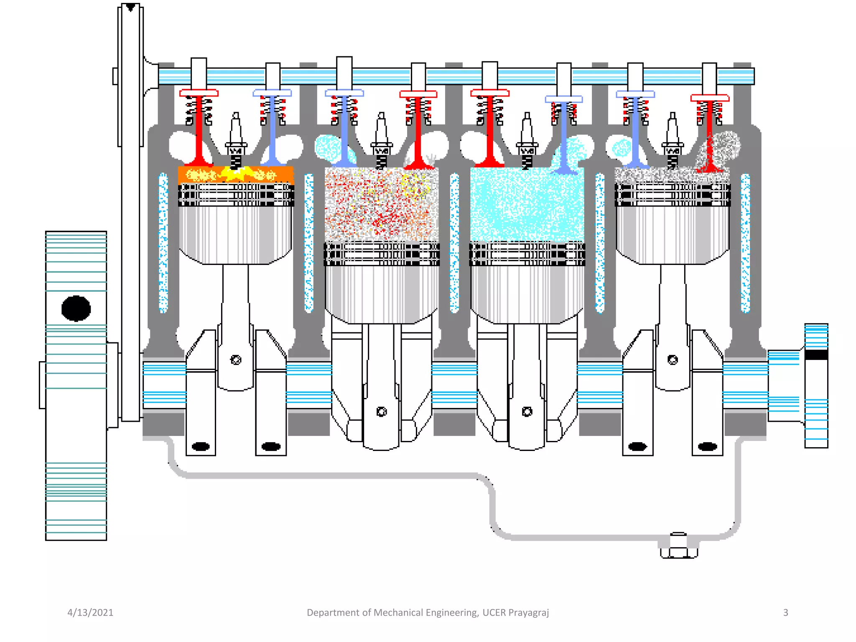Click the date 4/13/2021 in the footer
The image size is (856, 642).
tap(90, 612)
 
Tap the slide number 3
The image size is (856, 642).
tap(785, 612)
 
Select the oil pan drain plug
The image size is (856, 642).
tap(679, 548)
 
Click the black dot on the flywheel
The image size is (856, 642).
tap(76, 308)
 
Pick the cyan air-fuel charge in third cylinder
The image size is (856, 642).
tap(527, 205)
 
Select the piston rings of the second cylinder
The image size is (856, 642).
tap(382, 254)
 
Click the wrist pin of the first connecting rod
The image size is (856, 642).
tap(236, 360)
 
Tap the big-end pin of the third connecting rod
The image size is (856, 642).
tap(527, 412)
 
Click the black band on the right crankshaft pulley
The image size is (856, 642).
tap(816, 355)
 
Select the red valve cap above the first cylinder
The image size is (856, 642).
tap(199, 93)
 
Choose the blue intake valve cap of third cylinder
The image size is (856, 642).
tap(564, 99)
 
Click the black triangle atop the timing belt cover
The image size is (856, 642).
tap(130, 7)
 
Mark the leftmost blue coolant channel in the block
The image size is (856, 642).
tap(163, 242)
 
